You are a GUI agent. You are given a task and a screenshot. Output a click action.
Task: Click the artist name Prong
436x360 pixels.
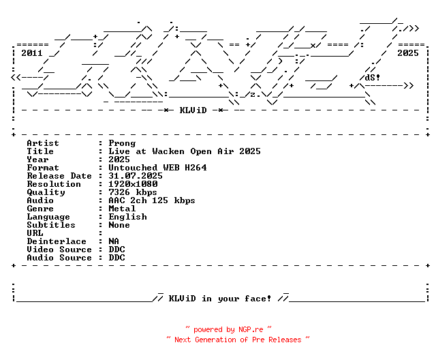tap(122, 143)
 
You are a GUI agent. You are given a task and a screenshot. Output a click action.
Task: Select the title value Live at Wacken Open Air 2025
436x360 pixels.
tap(184, 151)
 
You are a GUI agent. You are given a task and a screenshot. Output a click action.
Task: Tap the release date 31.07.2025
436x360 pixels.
tap(136, 176)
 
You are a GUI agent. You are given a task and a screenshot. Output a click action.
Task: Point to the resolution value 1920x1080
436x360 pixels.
tap(133, 184)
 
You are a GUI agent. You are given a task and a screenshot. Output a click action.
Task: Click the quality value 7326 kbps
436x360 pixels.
tap(133, 192)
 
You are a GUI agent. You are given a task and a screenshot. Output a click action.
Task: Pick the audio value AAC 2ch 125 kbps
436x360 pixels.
tap(152, 200)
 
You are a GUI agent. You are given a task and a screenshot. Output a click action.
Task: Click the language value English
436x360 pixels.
tap(127, 217)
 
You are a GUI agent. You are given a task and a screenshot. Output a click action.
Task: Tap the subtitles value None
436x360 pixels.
tap(119, 225)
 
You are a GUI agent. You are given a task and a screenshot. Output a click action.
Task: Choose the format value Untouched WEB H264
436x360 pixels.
tap(157, 168)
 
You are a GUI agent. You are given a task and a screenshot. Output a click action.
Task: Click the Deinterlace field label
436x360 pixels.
tap(57, 241)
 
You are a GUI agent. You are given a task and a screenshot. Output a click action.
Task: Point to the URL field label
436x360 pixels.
tap(35, 233)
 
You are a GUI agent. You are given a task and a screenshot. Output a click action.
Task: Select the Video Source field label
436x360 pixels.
tap(59, 250)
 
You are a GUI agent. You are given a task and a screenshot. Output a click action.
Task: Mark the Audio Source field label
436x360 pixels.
tap(59, 258)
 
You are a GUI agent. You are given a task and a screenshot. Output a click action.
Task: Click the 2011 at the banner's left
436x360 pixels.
tap(32, 52)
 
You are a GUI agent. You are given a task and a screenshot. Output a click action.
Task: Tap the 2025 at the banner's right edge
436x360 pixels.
tap(408, 52)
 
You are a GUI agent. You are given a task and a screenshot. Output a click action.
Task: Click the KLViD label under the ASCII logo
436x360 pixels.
tap(193, 110)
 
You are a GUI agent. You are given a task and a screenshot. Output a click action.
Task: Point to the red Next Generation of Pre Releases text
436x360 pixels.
tap(238, 339)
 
